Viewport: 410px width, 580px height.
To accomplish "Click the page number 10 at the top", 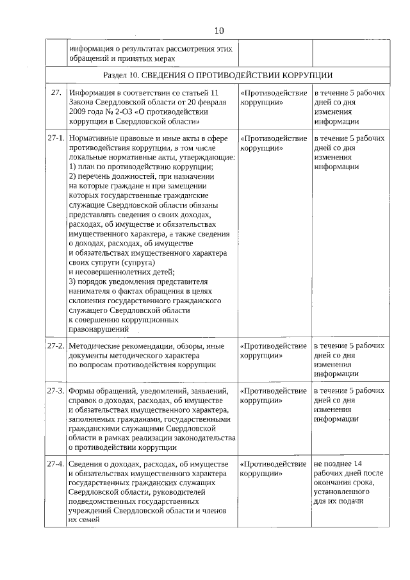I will pyautogui.click(x=219, y=30).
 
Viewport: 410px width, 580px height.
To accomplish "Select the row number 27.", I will pyautogui.click(x=56, y=94).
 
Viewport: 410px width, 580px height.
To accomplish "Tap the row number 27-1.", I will pyautogui.click(x=56, y=139).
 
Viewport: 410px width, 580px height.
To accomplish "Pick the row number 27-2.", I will pyautogui.click(x=56, y=347).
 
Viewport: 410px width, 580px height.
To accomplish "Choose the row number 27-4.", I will pyautogui.click(x=56, y=464).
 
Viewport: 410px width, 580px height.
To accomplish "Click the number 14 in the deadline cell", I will pyautogui.click(x=357, y=464).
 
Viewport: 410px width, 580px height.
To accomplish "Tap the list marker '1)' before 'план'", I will pyautogui.click(x=72, y=167).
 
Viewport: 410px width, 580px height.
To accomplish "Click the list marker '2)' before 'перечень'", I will pyautogui.click(x=72, y=176).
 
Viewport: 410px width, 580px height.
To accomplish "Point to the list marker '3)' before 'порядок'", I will pyautogui.click(x=72, y=283).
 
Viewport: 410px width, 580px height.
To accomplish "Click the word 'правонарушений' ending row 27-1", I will pyautogui.click(x=95, y=329).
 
